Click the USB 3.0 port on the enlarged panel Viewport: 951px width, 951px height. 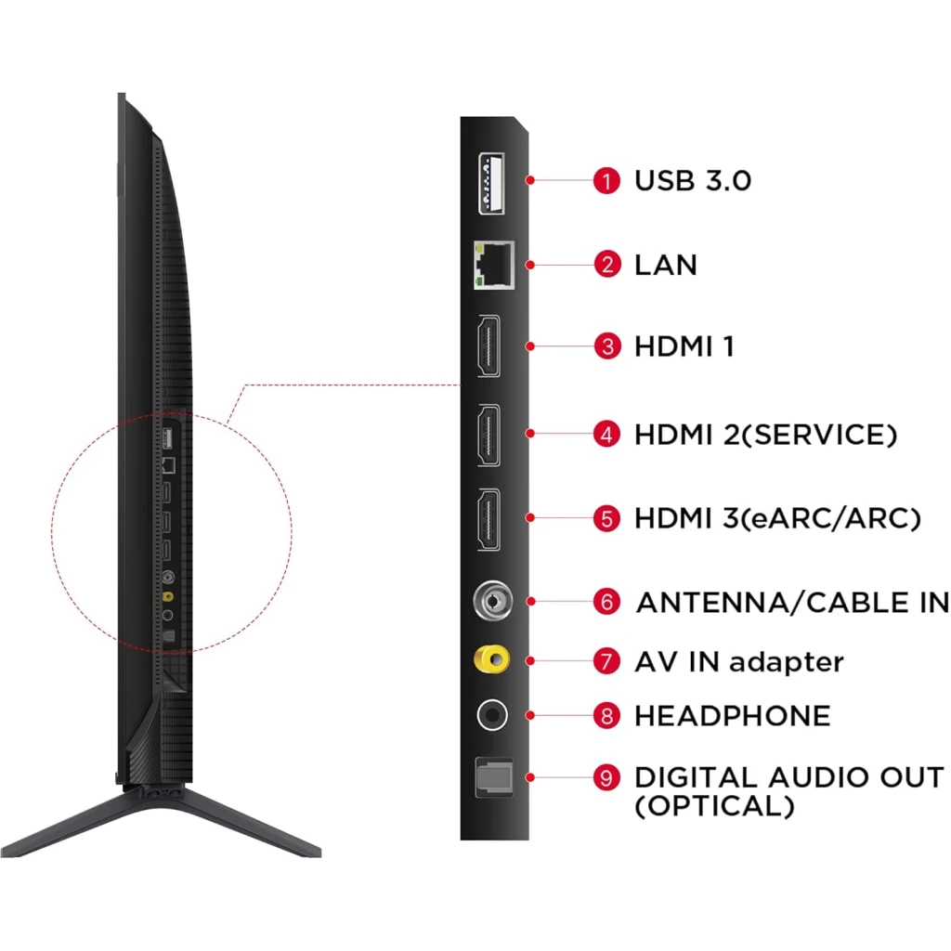pyautogui.click(x=491, y=183)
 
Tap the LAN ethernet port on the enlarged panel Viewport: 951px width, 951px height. pyautogui.click(x=494, y=265)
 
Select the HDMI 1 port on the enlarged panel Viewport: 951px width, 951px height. pyautogui.click(x=489, y=346)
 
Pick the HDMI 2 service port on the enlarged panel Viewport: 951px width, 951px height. pyautogui.click(x=489, y=435)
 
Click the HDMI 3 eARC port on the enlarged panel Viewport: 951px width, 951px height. pyautogui.click(x=489, y=519)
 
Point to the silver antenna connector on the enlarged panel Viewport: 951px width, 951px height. pyautogui.click(x=492, y=601)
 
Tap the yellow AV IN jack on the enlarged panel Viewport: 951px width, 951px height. pyautogui.click(x=492, y=659)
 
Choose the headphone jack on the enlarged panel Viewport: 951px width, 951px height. pyautogui.click(x=492, y=715)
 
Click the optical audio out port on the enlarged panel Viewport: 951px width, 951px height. pyautogui.click(x=494, y=777)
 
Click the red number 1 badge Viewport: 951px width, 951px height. pyautogui.click(x=606, y=181)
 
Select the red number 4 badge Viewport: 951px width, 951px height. pyautogui.click(x=606, y=435)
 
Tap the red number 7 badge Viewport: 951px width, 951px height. pyautogui.click(x=606, y=661)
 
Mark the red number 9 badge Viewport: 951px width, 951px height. pyautogui.click(x=606, y=777)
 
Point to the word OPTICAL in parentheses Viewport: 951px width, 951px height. pyautogui.click(x=714, y=806)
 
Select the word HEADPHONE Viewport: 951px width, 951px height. pyautogui.click(x=733, y=716)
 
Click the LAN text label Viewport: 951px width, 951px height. pyautogui.click(x=666, y=265)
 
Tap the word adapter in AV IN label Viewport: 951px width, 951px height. pyautogui.click(x=786, y=662)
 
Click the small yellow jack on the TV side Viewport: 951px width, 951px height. pyautogui.click(x=168, y=597)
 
